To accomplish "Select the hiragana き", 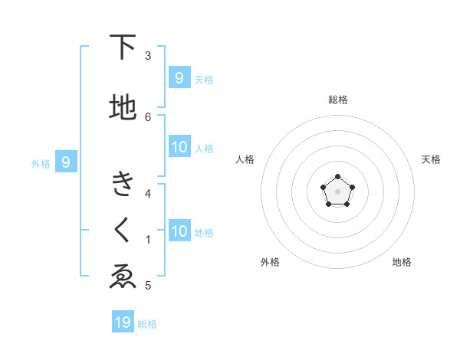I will point(123,185).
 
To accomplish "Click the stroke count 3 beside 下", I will point(148,56).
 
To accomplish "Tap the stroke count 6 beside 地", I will point(148,116).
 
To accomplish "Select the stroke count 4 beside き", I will point(148,193).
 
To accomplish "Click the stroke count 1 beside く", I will point(148,240).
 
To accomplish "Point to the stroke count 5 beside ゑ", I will point(148,286).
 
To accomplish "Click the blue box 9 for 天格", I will point(179,77).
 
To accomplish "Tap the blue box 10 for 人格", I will point(179,147).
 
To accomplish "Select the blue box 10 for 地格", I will point(179,231).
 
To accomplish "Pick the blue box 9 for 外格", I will point(66,162).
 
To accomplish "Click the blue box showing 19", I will point(123,322).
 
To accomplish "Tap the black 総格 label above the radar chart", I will point(337,100).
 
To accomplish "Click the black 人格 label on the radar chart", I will point(245,159).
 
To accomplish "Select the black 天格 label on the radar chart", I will point(431,159).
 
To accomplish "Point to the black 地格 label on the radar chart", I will point(402,262).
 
